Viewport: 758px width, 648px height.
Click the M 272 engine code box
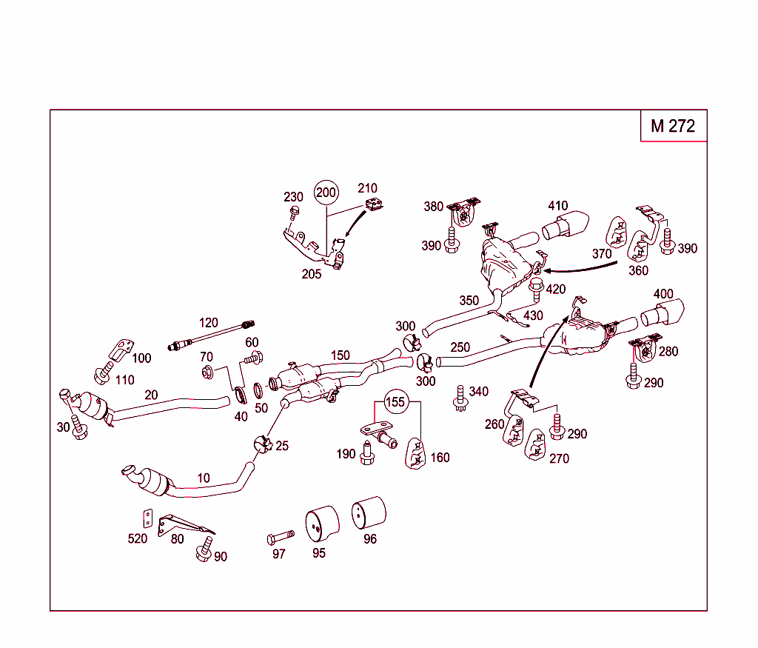[673, 126]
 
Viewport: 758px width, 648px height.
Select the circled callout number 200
[326, 193]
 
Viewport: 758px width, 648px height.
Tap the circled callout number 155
[396, 402]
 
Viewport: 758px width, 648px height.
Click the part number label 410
[557, 206]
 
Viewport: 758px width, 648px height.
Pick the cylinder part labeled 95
[322, 524]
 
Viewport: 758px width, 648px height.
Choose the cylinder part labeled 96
[368, 513]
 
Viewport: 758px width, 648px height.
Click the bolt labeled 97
[281, 535]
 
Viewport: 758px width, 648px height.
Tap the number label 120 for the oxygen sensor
[209, 322]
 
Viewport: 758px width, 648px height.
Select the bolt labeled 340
[460, 397]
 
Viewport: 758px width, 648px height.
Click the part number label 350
[469, 301]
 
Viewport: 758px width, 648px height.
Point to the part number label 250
[460, 347]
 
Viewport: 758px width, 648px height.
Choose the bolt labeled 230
[294, 215]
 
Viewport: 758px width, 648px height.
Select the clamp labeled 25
[261, 444]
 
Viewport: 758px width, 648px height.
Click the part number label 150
[340, 355]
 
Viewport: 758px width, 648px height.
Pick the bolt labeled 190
[366, 453]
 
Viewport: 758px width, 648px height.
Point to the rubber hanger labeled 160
[417, 453]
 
